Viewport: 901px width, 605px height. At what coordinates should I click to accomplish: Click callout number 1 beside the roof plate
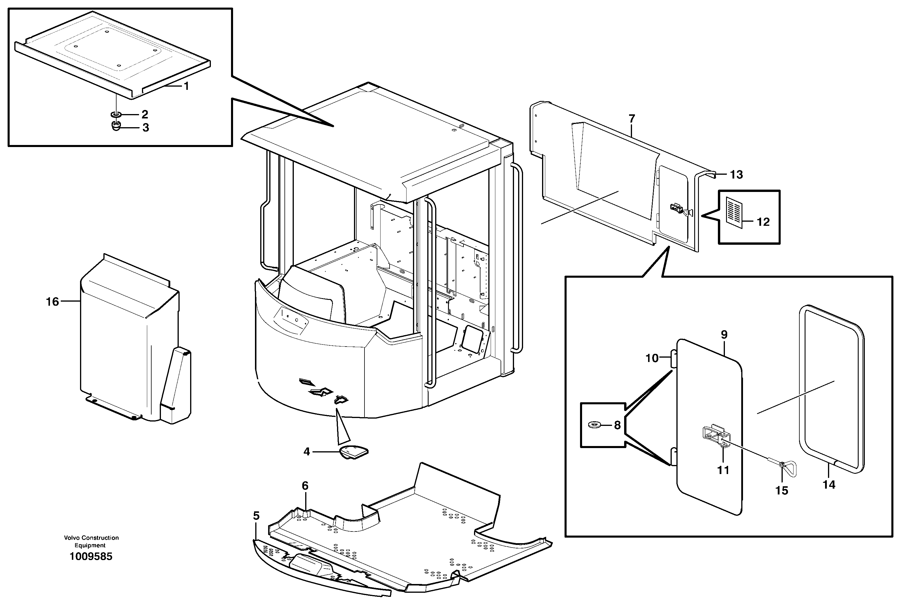186,86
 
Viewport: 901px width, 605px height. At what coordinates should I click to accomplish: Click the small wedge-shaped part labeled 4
353,452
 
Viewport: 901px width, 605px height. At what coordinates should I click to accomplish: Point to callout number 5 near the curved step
256,516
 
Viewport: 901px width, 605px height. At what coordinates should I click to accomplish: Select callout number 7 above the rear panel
632,119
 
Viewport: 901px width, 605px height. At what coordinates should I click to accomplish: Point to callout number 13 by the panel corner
736,174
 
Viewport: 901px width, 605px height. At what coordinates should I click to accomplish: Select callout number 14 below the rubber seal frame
829,485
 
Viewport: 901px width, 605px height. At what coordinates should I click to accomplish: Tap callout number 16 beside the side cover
53,302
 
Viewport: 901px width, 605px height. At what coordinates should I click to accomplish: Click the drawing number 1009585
91,556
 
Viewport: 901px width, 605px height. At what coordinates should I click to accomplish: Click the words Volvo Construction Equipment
91,541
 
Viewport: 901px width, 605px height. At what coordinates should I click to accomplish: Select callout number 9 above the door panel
724,335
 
